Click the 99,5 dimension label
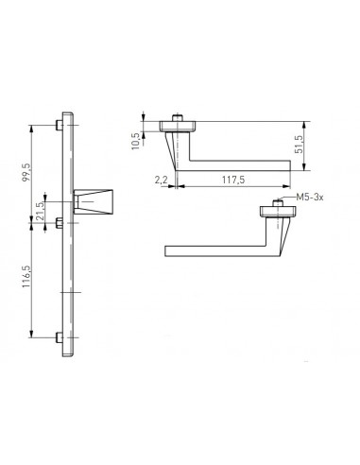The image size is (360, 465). pyautogui.click(x=26, y=172)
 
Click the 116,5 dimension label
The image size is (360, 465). pyautogui.click(x=26, y=276)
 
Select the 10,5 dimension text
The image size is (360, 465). pyautogui.click(x=135, y=141)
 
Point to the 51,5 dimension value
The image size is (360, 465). pyautogui.click(x=299, y=145)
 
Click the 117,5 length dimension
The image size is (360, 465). pyautogui.click(x=233, y=180)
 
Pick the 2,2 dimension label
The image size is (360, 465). pyautogui.click(x=161, y=180)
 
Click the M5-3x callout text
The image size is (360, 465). pyautogui.click(x=310, y=198)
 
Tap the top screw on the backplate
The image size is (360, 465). pyautogui.click(x=60, y=125)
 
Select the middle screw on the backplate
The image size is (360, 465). pyautogui.click(x=60, y=223)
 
